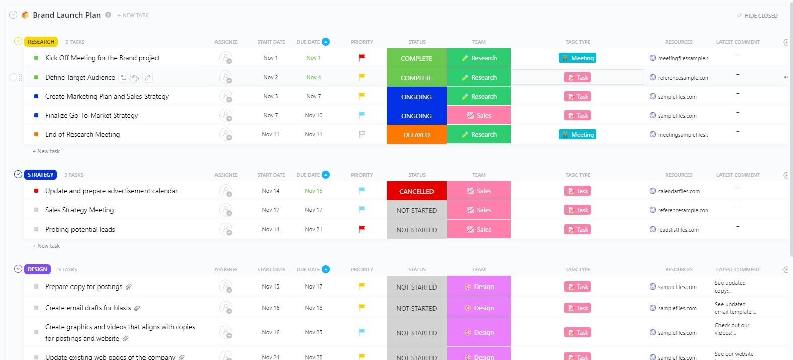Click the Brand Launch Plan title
[x=66, y=15]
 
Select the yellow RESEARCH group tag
[x=41, y=42]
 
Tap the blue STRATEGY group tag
[x=40, y=175]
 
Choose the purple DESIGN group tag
[x=37, y=269]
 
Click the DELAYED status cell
[x=416, y=135]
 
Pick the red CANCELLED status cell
[x=416, y=191]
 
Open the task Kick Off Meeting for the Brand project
[x=102, y=58]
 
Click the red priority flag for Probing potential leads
[x=362, y=229]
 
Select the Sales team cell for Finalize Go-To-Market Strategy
[x=479, y=116]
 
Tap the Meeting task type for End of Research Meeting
[x=578, y=135]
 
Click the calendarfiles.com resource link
[x=678, y=191]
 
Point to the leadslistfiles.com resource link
[x=678, y=230]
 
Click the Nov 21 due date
[x=313, y=229]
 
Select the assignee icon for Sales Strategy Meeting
[x=226, y=210]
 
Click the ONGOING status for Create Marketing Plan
[x=416, y=97]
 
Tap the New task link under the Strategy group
[x=48, y=246]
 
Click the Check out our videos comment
[x=732, y=329]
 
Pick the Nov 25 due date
[x=313, y=332]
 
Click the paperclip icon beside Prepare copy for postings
[x=129, y=287]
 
